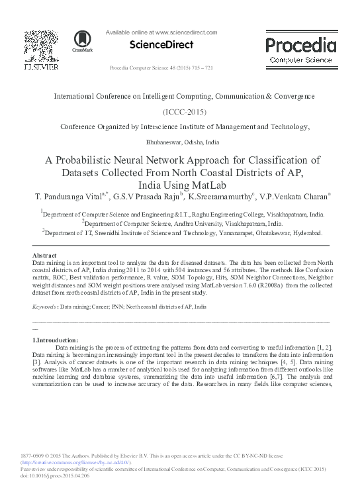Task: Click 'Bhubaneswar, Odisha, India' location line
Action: [x=180, y=142]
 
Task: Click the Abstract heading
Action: [x=45, y=255]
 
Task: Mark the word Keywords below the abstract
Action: [x=44, y=308]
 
